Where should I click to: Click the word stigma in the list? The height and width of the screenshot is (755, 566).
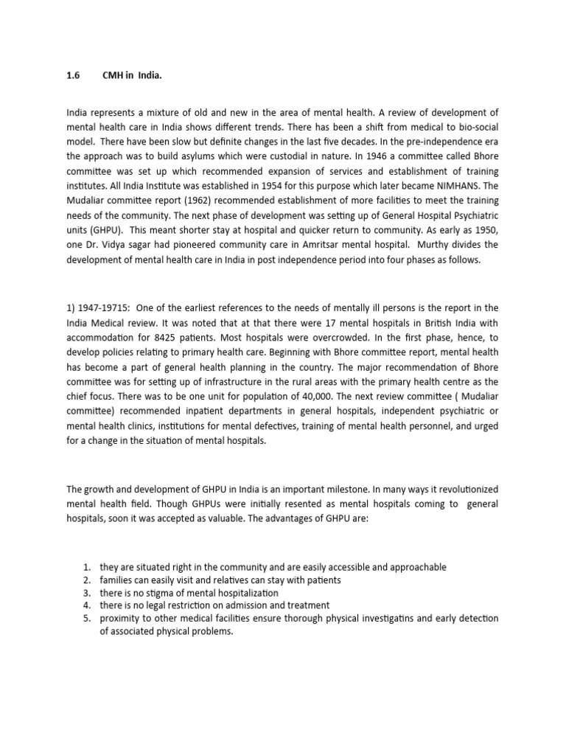click(x=156, y=593)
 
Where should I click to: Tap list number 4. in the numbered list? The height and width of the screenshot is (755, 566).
click(x=87, y=606)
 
